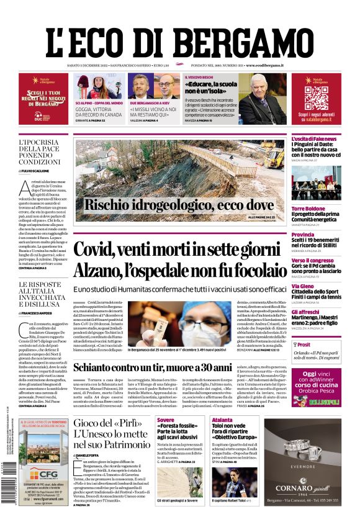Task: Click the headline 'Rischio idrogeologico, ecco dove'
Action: [x=178, y=205]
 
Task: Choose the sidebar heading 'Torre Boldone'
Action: [x=308, y=208]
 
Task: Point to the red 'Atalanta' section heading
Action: [x=222, y=420]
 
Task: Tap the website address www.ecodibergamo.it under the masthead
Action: [x=264, y=65]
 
